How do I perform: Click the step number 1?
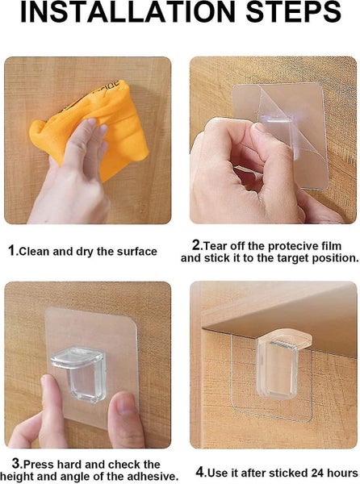(x=12, y=251)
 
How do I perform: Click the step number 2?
(x=196, y=244)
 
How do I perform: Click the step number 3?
(x=16, y=464)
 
